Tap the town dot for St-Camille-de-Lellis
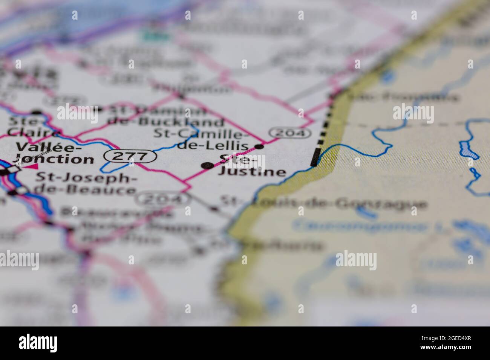click(259, 146)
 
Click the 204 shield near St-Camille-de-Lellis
click(290, 133)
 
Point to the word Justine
click(252, 172)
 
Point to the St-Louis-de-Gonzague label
click(324, 204)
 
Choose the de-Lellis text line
click(213, 146)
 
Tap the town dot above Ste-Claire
click(37, 112)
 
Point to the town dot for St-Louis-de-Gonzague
click(215, 208)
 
